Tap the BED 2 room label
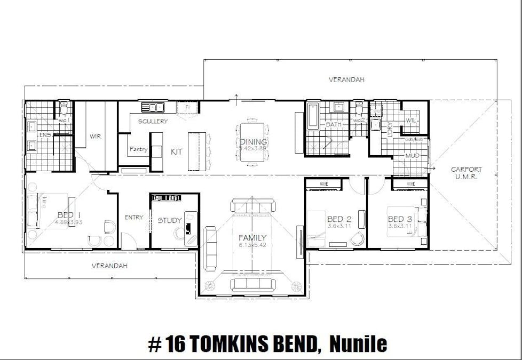pos(339,219)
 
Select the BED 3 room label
pos(399,219)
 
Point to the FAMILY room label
pos(252,238)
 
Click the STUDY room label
pos(170,220)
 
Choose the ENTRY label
pos(134,218)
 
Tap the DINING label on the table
pos(253,142)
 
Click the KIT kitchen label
pos(176,152)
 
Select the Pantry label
pos(138,149)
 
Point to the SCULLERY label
pos(153,122)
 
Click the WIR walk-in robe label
pos(95,137)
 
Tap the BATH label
pos(334,124)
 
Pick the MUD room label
pos(412,156)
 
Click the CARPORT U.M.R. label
pos(466,173)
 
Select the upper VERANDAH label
pos(346,79)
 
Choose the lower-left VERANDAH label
pos(109,265)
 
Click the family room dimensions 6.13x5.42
pos(252,245)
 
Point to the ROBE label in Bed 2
pos(323,183)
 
